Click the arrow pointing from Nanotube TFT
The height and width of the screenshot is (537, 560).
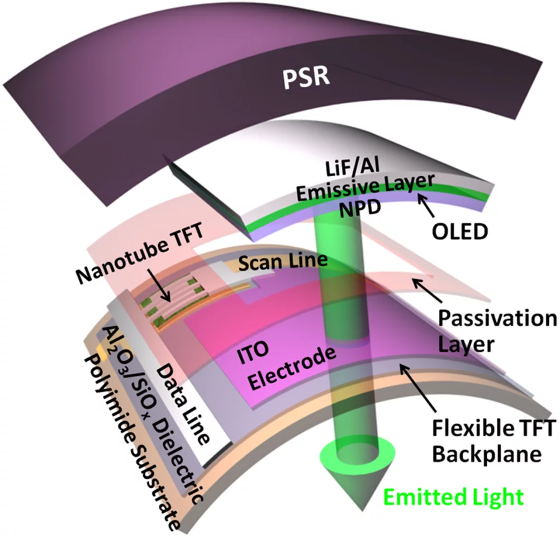pos(162,289)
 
